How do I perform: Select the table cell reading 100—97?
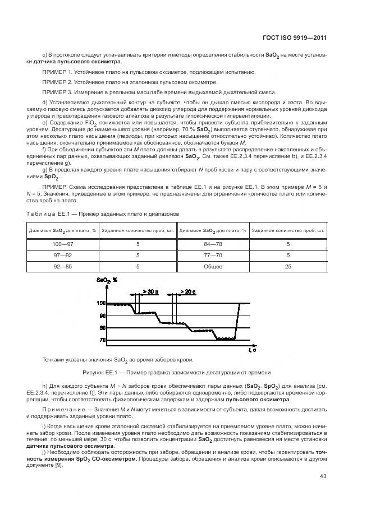click(x=62, y=244)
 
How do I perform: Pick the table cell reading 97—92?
click(x=62, y=255)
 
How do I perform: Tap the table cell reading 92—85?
click(x=62, y=266)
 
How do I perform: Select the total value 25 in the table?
click(x=288, y=266)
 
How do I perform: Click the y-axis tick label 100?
click(x=101, y=303)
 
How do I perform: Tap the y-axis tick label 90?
click(x=102, y=316)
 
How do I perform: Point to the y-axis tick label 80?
click(x=102, y=328)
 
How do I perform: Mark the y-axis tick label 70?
click(x=102, y=340)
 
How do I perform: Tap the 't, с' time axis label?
click(x=252, y=350)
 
